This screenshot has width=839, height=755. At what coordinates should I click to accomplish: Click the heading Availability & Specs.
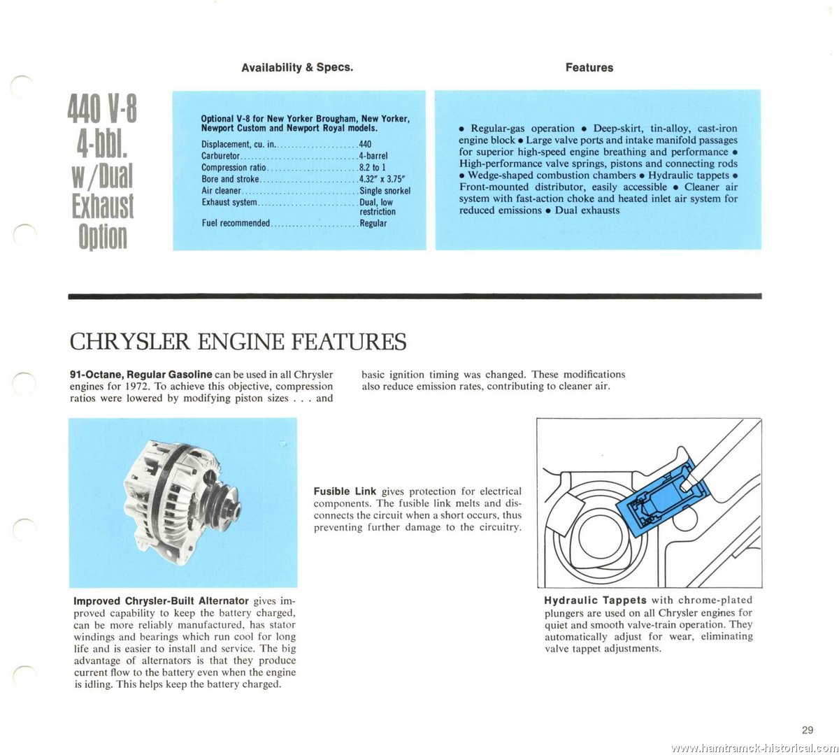click(x=297, y=68)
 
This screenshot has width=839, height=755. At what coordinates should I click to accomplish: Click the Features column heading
click(x=589, y=68)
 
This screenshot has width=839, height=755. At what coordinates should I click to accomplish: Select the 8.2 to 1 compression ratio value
click(x=373, y=168)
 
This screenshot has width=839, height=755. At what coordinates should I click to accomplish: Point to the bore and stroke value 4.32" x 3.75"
click(x=382, y=179)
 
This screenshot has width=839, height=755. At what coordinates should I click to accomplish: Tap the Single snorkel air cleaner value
click(x=385, y=191)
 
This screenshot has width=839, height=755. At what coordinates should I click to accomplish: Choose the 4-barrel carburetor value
click(x=373, y=156)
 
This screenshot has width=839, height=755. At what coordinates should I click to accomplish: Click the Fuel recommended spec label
click(x=236, y=224)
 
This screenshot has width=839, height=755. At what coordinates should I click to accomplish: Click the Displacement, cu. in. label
click(x=238, y=145)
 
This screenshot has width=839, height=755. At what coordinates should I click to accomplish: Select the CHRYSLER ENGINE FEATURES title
click(x=238, y=342)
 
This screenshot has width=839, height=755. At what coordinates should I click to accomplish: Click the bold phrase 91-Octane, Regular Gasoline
click(x=141, y=375)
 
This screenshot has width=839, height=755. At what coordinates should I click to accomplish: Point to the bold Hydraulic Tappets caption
click(x=595, y=600)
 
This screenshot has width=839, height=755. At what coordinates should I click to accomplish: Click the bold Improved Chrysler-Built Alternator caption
click(x=161, y=601)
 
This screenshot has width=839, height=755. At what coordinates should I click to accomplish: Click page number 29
click(x=808, y=730)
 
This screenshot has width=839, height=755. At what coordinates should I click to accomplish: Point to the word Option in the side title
click(x=102, y=237)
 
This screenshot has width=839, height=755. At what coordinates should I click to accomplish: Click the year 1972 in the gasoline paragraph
click(x=139, y=387)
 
